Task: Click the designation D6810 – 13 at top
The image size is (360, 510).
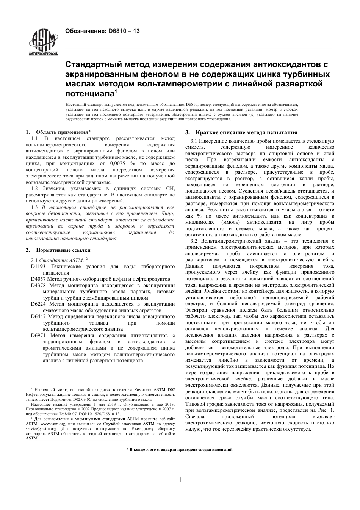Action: click(102, 31)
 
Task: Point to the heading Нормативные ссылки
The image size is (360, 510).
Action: click(63, 250)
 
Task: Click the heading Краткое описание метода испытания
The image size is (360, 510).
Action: click(246, 132)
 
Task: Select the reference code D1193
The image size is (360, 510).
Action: click(38, 267)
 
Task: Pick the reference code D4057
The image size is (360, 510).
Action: click(38, 279)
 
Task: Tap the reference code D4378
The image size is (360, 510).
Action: click(38, 285)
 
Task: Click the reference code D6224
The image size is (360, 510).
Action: click(38, 304)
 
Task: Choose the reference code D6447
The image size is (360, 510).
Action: click(38, 316)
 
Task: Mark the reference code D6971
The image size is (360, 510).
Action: click(38, 335)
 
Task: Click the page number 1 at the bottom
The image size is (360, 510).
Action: click(180, 480)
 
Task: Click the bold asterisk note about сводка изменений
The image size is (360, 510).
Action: click(180, 449)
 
